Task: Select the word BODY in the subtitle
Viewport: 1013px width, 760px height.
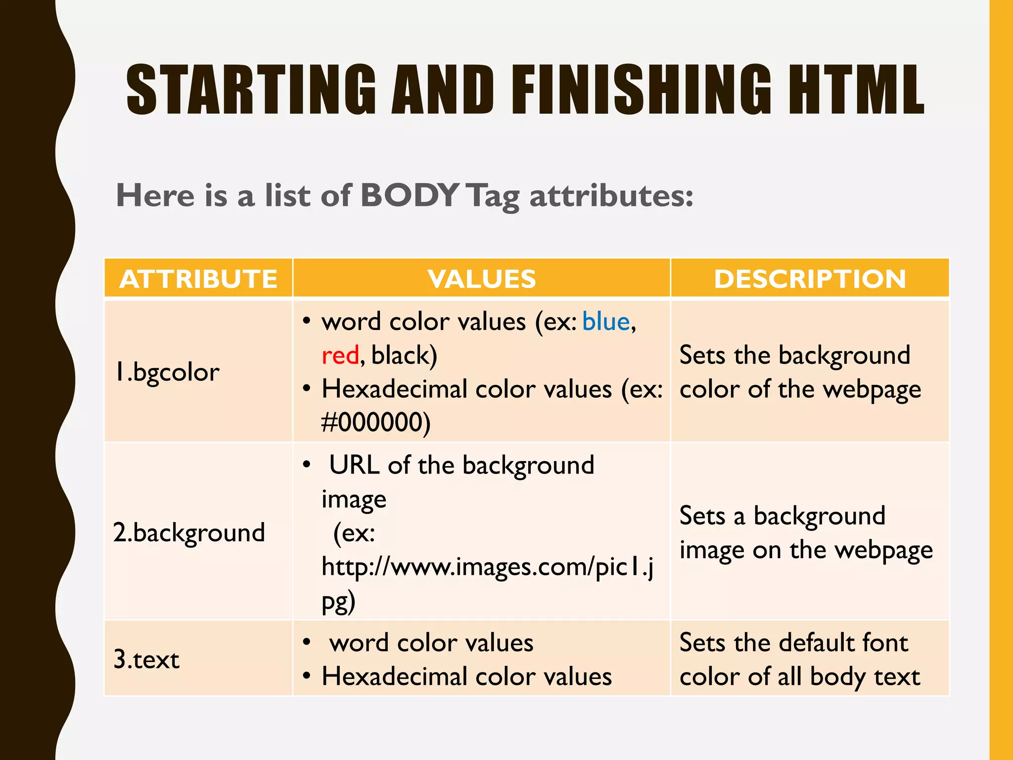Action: tap(410, 195)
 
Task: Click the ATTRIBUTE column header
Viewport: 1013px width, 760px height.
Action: tap(198, 279)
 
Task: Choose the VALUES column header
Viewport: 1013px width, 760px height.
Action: tap(482, 279)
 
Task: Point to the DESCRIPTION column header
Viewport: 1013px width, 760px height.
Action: tap(810, 279)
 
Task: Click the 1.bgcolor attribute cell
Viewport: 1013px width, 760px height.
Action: tap(167, 372)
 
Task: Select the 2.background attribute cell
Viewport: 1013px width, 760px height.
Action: tap(189, 533)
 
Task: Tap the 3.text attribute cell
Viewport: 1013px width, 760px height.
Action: tap(146, 660)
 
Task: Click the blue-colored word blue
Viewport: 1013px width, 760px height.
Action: tap(606, 322)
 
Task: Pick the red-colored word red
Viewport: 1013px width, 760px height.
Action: tap(340, 355)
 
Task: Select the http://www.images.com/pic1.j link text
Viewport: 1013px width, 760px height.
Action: tap(487, 567)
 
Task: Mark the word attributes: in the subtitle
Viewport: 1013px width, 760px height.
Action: tap(611, 196)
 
